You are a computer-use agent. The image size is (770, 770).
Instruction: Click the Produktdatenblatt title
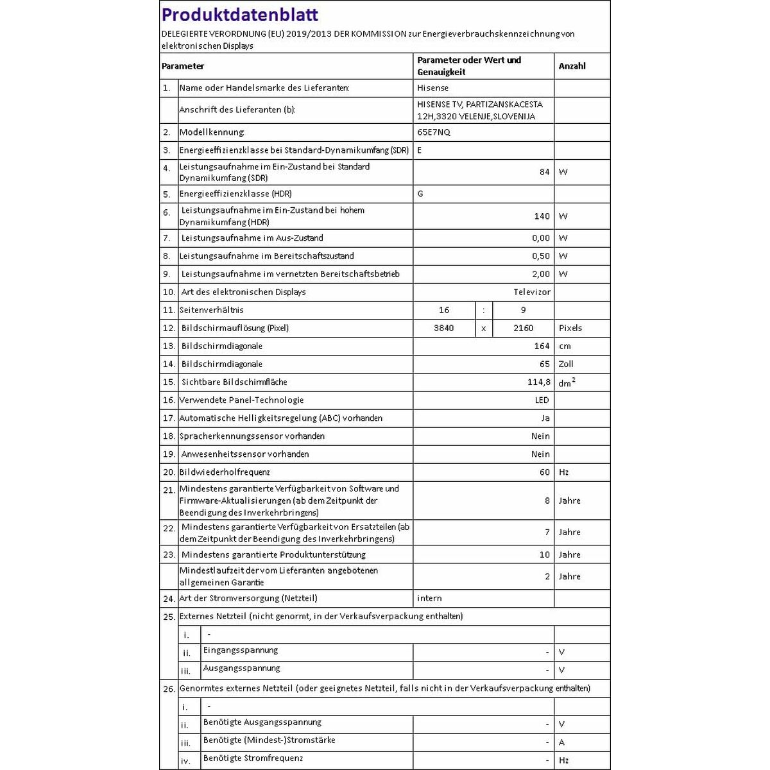tap(240, 15)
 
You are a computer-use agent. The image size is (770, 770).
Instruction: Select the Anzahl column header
tap(572, 66)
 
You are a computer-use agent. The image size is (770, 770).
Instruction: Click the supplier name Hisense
tap(433, 88)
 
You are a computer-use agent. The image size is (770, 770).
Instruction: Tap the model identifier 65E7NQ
tap(434, 132)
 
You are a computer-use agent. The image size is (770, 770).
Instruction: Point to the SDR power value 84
tap(544, 172)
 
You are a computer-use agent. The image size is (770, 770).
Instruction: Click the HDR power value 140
tap(542, 216)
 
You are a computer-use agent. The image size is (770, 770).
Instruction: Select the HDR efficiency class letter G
tap(420, 194)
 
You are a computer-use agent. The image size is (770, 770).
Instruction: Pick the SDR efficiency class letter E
tap(420, 150)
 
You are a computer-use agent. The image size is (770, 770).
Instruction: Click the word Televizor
tap(532, 292)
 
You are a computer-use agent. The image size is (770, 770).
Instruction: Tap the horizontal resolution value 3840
tap(443, 328)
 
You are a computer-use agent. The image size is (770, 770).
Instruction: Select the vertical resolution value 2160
tap(523, 328)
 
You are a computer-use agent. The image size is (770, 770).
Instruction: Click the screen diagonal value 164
tap(542, 346)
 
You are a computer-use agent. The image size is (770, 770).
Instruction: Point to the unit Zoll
tap(566, 364)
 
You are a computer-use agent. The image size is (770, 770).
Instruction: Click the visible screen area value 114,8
tap(538, 382)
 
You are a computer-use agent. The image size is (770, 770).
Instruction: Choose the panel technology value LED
tap(542, 400)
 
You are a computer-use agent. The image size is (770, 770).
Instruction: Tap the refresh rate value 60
tap(544, 472)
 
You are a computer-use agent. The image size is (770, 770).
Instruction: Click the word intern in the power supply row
tap(429, 598)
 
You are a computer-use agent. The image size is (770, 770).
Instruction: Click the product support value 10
tap(544, 554)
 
